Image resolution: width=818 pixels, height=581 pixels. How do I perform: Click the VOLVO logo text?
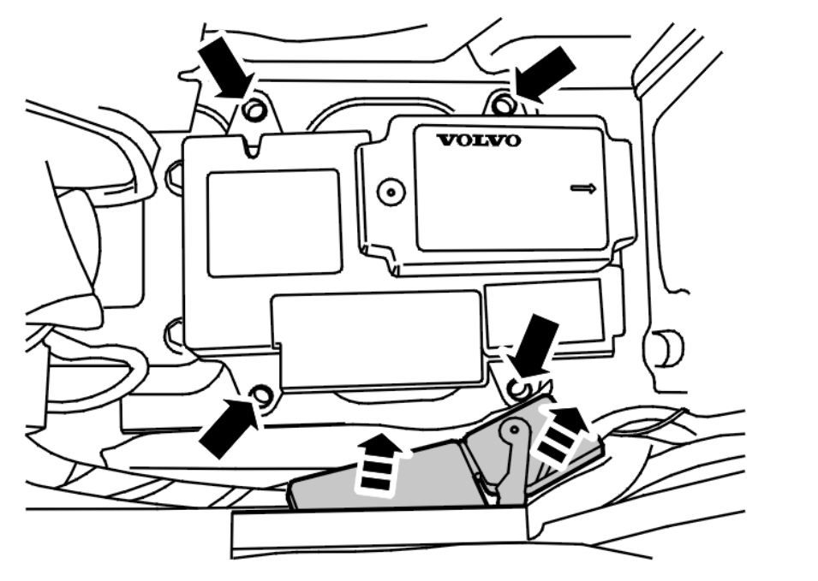[x=478, y=140]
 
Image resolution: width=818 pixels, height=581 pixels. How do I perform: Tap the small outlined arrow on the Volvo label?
[x=583, y=188]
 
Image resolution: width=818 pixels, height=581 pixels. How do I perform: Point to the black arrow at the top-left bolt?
[x=224, y=68]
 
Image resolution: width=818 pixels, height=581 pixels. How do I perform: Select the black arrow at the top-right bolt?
[x=544, y=74]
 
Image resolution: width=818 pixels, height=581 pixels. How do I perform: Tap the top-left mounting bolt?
[x=254, y=110]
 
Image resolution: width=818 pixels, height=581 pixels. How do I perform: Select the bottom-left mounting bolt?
[x=262, y=395]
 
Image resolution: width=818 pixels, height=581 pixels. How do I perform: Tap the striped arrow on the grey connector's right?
[x=561, y=436]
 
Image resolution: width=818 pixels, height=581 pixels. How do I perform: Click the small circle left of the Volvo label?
[x=391, y=191]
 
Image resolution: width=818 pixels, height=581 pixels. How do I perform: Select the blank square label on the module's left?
[x=273, y=222]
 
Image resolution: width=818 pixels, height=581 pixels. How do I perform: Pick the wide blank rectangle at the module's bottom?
[x=377, y=338]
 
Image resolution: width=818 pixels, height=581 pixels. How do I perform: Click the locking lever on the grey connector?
[x=511, y=454]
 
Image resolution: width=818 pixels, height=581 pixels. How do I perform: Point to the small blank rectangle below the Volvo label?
[x=544, y=311]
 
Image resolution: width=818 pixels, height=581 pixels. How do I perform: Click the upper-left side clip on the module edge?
[x=172, y=178]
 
